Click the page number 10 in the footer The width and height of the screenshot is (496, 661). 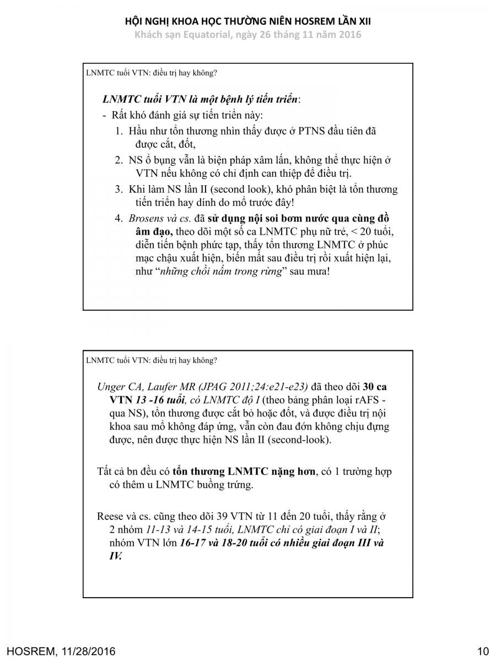pos(483,651)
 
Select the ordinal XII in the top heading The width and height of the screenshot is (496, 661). pos(362,21)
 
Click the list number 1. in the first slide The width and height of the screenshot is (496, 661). pos(119,132)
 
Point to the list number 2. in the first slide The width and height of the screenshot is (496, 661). pos(119,160)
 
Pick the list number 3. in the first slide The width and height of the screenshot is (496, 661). pos(119,189)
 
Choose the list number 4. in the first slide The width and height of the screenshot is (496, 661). pos(119,218)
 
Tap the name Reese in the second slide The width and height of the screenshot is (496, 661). pos(110,516)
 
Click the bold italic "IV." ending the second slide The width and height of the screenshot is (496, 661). pos(116,556)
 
